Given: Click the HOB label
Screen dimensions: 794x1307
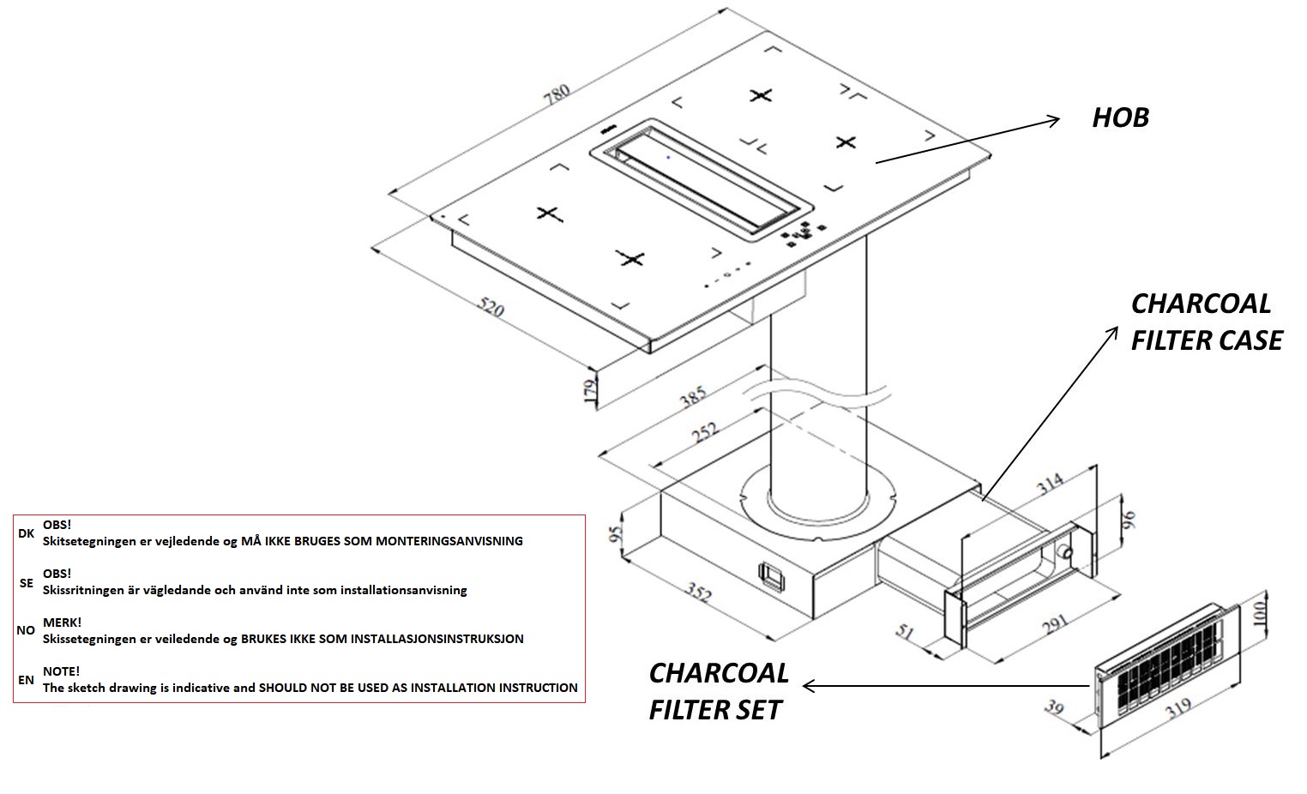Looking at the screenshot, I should [x=1120, y=117].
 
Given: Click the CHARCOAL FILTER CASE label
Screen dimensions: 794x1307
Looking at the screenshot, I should [x=1206, y=322].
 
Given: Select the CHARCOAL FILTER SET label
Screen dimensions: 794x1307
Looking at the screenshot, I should [x=719, y=691].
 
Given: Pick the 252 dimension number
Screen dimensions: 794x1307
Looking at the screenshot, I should [x=705, y=433].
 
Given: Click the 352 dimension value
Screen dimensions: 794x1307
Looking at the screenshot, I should [x=699, y=592].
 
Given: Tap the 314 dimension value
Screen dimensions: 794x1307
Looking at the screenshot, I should [x=1049, y=485].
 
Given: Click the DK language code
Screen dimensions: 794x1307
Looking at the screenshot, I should [x=26, y=533].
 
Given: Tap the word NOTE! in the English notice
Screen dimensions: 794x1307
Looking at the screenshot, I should [x=61, y=671].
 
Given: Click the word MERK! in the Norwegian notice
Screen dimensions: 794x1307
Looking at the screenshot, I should [x=62, y=623].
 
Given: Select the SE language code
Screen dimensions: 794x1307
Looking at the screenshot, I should [x=26, y=582].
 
